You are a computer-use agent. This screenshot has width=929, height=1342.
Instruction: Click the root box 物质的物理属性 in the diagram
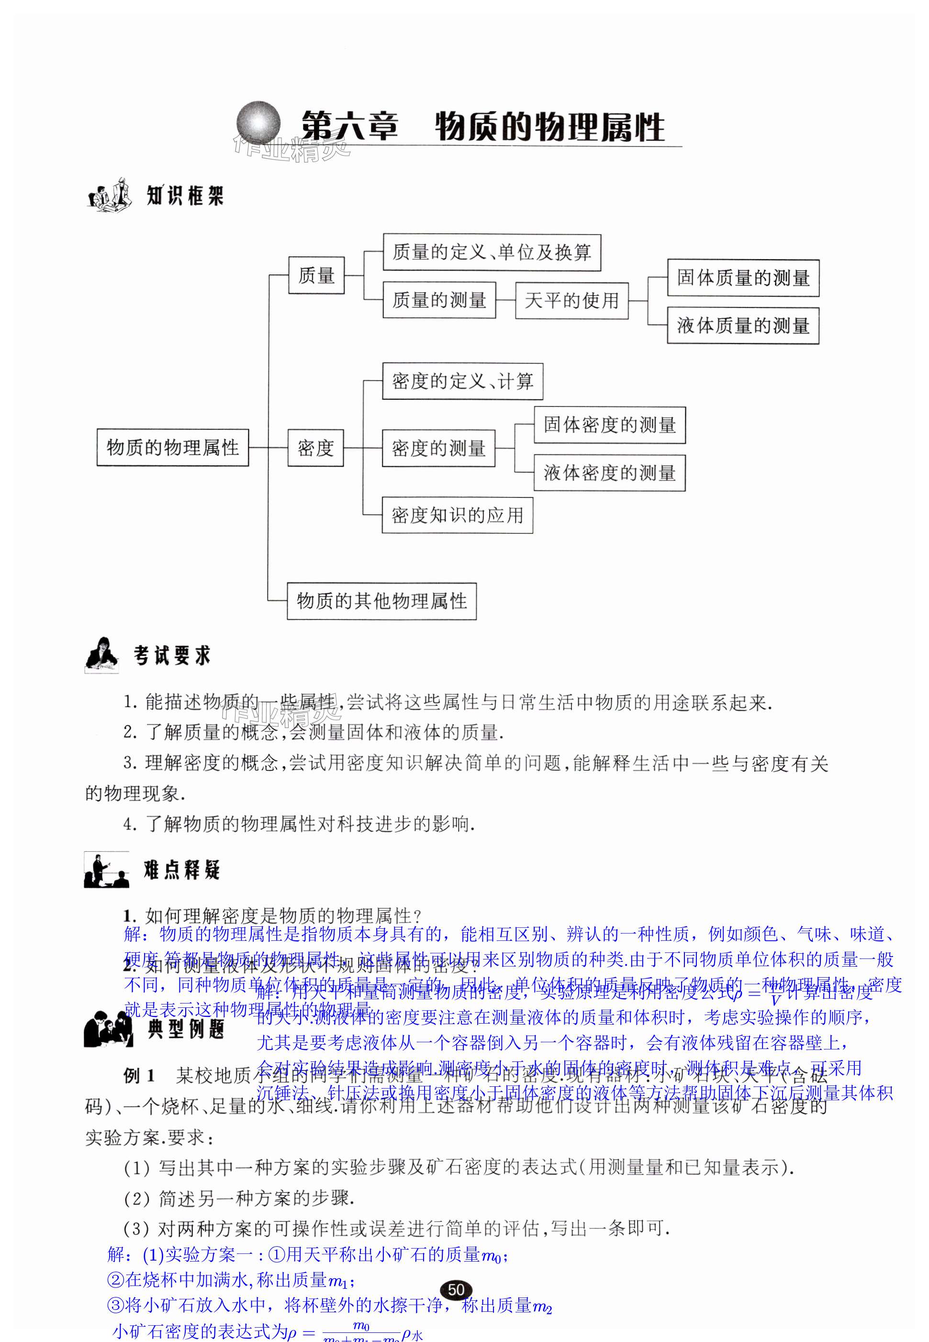click(172, 447)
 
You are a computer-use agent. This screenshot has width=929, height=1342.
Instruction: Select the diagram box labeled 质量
click(316, 275)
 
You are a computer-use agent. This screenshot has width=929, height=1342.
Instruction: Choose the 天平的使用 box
click(571, 300)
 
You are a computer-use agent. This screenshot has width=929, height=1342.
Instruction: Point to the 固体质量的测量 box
click(743, 278)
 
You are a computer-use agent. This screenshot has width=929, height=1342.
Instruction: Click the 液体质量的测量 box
click(743, 326)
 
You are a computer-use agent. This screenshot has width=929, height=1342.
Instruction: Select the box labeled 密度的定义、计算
click(462, 382)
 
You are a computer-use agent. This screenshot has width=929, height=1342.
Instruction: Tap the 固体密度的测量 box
click(609, 425)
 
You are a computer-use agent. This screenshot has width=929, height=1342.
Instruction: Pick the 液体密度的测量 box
click(609, 473)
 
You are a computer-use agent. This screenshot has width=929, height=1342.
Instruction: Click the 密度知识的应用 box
click(457, 515)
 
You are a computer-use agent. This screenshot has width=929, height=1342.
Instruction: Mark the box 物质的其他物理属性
click(381, 601)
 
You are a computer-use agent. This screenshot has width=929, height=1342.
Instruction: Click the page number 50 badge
click(456, 1290)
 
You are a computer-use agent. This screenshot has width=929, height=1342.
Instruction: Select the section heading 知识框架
click(185, 196)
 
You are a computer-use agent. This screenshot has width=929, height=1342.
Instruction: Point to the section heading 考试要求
click(171, 656)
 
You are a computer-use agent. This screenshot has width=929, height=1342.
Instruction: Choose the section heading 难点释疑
click(181, 870)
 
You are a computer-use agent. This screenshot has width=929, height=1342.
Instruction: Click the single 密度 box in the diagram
click(315, 448)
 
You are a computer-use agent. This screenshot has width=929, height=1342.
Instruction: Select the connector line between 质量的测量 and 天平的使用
click(505, 300)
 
